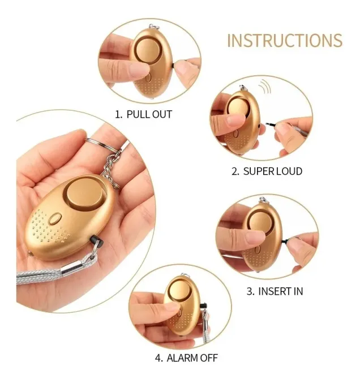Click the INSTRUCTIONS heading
point(285,40)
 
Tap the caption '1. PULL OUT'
point(143,114)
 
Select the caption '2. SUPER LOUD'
point(267,171)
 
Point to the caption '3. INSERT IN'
point(275,291)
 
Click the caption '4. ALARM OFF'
point(186,358)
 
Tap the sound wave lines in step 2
point(265,87)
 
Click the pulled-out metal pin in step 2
point(272,125)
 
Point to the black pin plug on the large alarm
point(97,240)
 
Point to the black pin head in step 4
point(203,305)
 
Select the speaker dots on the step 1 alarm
point(151,86)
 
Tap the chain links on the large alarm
point(112,169)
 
